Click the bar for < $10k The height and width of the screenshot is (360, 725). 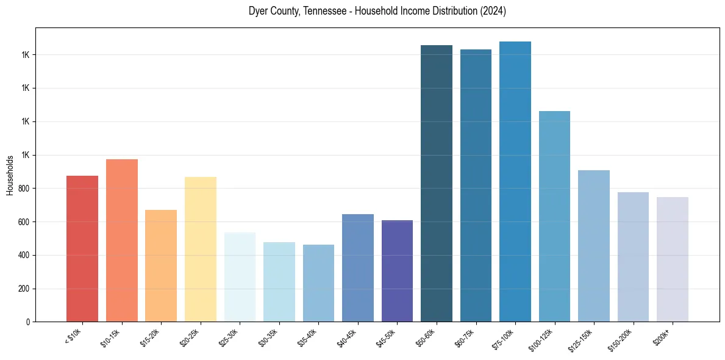82,248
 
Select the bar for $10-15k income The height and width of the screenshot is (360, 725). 122,240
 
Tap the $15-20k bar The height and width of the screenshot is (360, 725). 161,265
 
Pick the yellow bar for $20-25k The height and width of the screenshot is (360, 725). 201,249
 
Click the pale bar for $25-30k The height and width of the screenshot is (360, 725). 240,277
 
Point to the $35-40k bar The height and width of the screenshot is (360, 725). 318,283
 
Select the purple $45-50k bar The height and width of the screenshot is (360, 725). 397,271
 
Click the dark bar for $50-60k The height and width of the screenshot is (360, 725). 437,183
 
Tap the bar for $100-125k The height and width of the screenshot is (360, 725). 554,216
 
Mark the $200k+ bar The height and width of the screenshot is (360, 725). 673,259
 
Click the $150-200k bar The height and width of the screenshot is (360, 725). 633,257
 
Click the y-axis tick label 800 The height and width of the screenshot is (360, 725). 24,189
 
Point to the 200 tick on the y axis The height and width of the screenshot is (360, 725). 24,289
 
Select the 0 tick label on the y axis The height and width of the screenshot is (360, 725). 28,322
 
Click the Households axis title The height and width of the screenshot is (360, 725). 10,175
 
